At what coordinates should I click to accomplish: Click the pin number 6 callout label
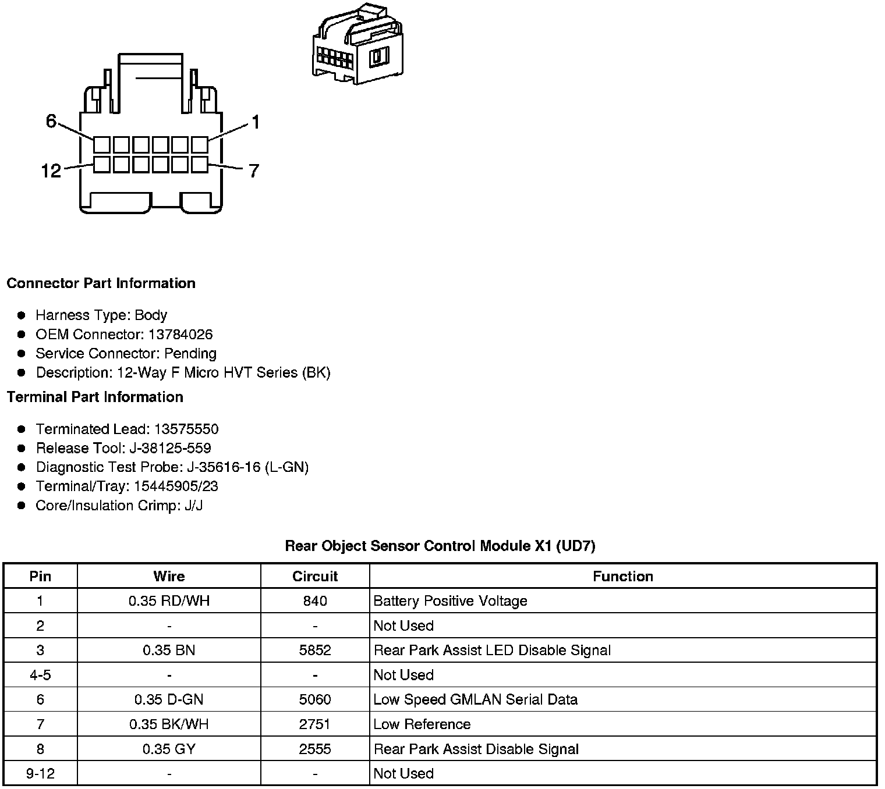pyautogui.click(x=51, y=121)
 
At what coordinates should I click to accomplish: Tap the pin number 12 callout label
pyautogui.click(x=51, y=171)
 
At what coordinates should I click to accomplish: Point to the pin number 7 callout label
pyautogui.click(x=254, y=171)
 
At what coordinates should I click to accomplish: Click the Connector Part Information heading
pyautogui.click(x=101, y=283)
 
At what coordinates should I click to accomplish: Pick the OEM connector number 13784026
pyautogui.click(x=180, y=335)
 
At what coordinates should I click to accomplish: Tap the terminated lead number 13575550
pyautogui.click(x=186, y=429)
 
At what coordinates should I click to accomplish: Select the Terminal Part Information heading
pyautogui.click(x=95, y=397)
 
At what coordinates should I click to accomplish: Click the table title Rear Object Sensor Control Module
pyautogui.click(x=440, y=546)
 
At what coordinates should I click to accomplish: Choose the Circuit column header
pyautogui.click(x=315, y=577)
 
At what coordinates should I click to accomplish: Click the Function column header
pyautogui.click(x=622, y=577)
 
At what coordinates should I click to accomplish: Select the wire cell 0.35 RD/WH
pyautogui.click(x=169, y=601)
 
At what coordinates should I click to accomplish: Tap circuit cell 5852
pyautogui.click(x=315, y=651)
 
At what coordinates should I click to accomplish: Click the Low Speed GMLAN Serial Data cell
pyautogui.click(x=475, y=699)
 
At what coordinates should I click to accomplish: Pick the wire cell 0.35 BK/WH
pyautogui.click(x=169, y=724)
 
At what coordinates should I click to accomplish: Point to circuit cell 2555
pyautogui.click(x=315, y=749)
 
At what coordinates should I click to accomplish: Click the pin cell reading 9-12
pyautogui.click(x=40, y=774)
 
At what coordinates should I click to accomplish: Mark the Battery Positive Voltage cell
pyautogui.click(x=450, y=601)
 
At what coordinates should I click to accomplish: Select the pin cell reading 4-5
pyautogui.click(x=40, y=675)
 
